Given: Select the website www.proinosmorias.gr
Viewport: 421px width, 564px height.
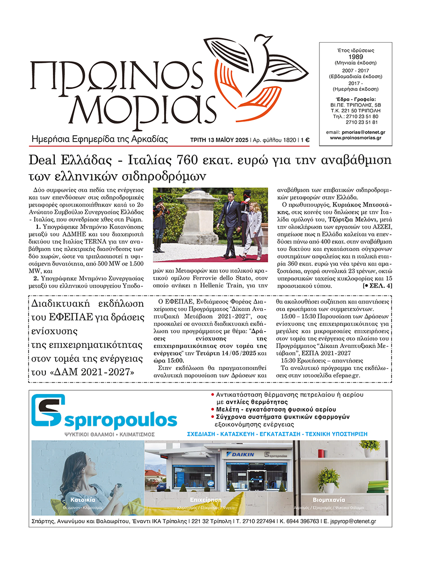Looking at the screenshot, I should (356, 138).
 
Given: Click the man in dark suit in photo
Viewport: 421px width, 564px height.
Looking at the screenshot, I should (230, 224).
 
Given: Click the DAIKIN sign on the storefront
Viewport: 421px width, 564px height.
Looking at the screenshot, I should (241, 454).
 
